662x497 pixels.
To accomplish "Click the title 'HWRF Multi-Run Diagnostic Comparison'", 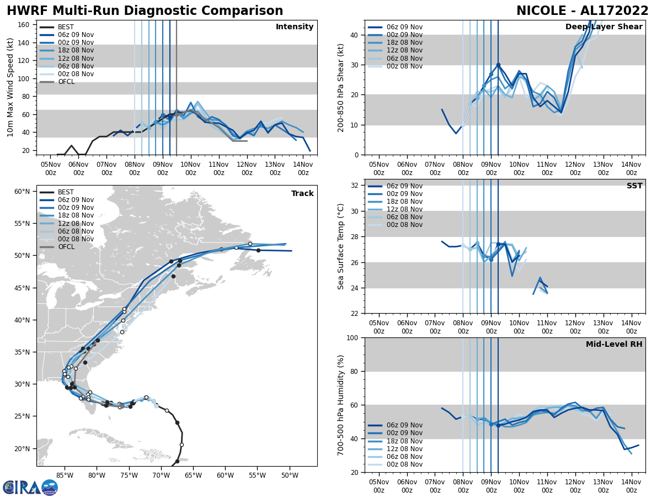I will [145, 11].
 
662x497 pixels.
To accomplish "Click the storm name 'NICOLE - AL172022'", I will [583, 11].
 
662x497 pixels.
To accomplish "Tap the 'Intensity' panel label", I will [295, 27].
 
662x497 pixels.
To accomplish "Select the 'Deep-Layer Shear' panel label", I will [604, 27].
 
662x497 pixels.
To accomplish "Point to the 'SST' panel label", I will [634, 186].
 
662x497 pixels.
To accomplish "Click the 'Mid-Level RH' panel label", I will [614, 345].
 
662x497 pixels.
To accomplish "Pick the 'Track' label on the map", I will [302, 194].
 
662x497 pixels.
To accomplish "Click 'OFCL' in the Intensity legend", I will [66, 82].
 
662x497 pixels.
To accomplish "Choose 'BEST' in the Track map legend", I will [66, 192].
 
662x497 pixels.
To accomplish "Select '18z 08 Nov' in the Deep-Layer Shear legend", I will [404, 43].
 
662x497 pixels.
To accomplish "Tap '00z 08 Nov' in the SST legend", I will [404, 225].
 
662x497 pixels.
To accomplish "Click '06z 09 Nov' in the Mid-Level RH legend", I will [404, 425].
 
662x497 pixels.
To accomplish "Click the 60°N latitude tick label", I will [22, 192].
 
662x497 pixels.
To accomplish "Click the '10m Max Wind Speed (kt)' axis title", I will [10, 87].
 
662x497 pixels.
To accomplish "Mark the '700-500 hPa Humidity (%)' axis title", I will [341, 405].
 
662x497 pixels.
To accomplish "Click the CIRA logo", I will [30, 487].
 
